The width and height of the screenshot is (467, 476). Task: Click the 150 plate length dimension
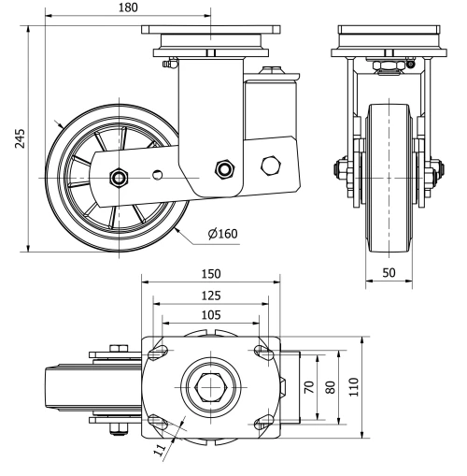pos(211,273)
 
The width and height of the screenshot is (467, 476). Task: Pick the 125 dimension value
pos(210,295)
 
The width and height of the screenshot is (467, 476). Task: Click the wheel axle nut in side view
pos(119,177)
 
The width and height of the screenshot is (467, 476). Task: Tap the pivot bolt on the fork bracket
pos(223,168)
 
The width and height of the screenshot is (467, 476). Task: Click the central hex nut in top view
pos(210,385)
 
